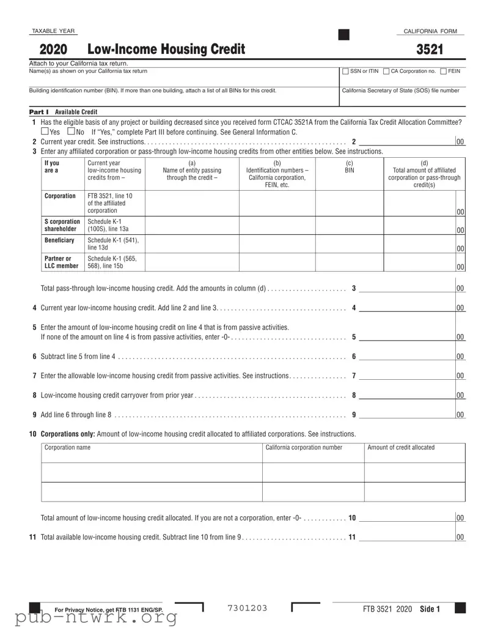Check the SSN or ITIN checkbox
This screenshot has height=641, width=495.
(x=346, y=72)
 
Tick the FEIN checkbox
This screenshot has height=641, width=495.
(x=444, y=72)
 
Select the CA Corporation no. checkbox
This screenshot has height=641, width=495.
(x=386, y=72)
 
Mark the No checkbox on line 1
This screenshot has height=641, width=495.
(x=71, y=132)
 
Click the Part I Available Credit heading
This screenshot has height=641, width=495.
(x=64, y=112)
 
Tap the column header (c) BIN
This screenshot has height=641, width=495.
(x=349, y=166)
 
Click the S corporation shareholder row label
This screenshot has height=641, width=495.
(x=62, y=225)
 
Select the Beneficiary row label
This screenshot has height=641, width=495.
(x=59, y=240)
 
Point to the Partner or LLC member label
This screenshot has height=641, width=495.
(x=62, y=262)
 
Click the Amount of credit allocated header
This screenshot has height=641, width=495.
(x=401, y=447)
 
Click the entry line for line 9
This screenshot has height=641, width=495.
(x=406, y=415)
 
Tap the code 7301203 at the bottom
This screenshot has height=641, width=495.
(x=248, y=608)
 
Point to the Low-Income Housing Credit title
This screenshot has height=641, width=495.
(x=166, y=50)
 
